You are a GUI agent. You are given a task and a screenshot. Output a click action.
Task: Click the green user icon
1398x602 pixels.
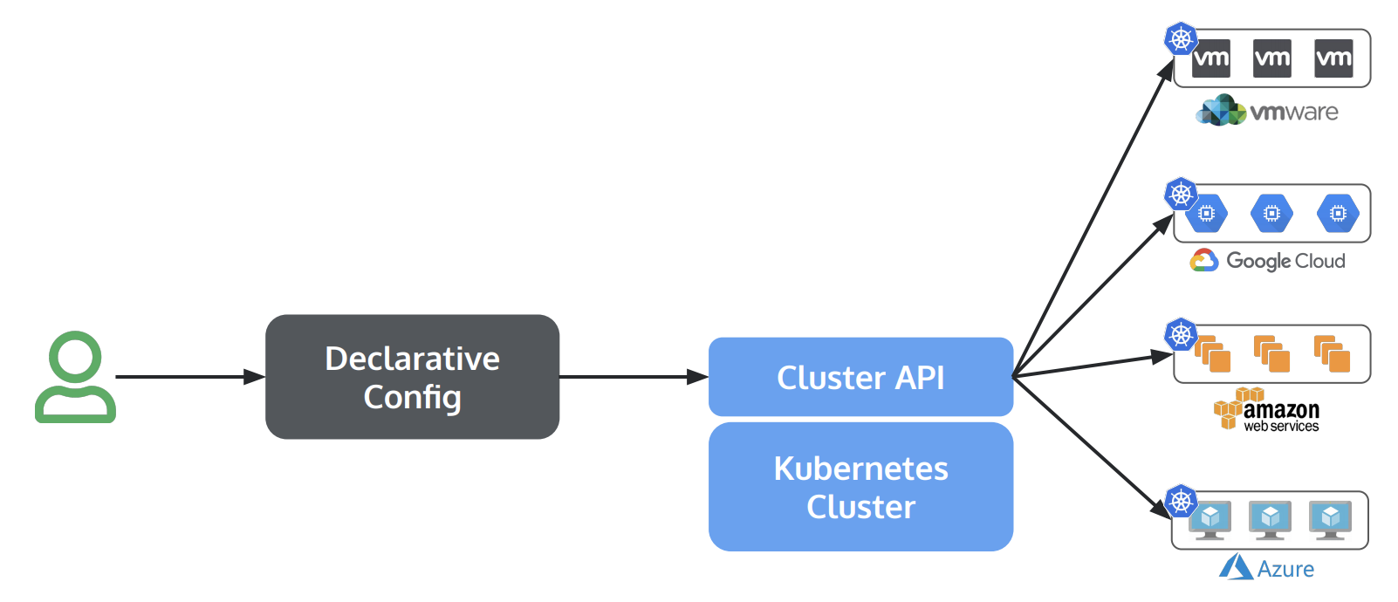point(75,377)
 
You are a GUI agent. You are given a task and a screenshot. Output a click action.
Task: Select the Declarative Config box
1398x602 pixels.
point(412,377)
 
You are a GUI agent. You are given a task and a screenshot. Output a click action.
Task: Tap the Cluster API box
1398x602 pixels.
point(860,377)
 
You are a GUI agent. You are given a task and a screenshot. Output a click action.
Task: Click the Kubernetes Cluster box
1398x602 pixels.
point(860,487)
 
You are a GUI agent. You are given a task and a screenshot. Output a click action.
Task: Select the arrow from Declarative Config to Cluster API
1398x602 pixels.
point(633,377)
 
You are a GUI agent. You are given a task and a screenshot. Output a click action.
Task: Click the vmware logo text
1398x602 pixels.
point(1293,112)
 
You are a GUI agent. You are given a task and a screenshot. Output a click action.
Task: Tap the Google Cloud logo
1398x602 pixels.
point(1268,261)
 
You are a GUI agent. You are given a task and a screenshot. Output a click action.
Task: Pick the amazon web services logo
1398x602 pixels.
point(1268,411)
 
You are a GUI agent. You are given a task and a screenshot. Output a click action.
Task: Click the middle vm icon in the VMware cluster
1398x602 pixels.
point(1271,58)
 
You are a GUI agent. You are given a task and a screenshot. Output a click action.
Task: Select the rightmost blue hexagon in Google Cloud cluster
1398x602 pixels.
point(1337,214)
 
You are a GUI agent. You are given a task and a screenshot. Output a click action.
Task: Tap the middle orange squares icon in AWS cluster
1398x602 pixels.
point(1271,353)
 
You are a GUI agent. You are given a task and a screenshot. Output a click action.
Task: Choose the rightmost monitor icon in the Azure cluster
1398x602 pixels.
point(1330,519)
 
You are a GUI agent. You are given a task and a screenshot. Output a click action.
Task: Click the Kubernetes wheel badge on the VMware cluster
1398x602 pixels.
point(1181,38)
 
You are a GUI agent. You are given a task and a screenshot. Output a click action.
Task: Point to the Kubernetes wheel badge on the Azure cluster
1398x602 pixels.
point(1181,501)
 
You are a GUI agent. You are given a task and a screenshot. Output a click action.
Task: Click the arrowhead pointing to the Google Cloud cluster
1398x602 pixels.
point(1164,224)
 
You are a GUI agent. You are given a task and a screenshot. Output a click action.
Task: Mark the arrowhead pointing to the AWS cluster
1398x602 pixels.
point(1162,356)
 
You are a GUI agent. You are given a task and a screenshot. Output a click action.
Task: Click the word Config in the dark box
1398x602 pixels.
point(412,397)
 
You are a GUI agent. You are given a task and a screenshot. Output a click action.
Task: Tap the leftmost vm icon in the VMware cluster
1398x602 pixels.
point(1210,58)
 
